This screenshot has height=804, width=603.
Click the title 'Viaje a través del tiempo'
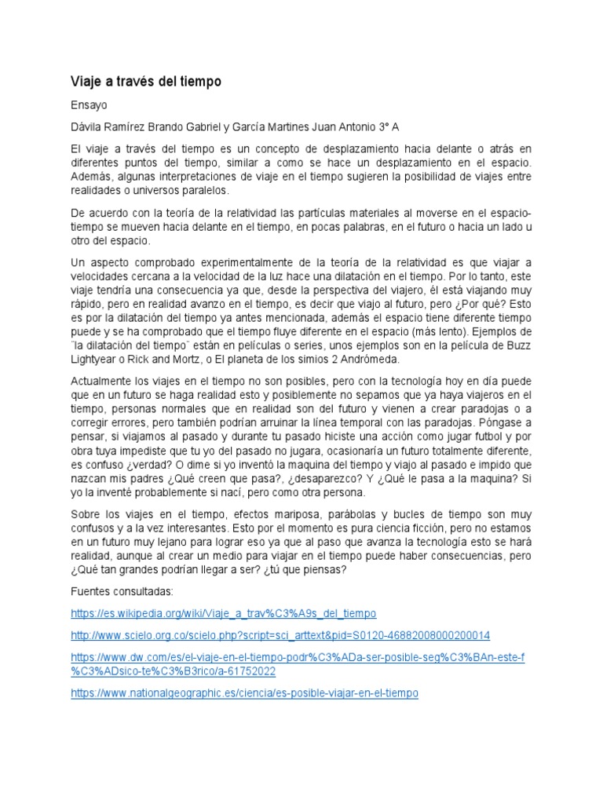click(x=146, y=81)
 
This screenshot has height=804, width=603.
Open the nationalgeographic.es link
click(x=244, y=693)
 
